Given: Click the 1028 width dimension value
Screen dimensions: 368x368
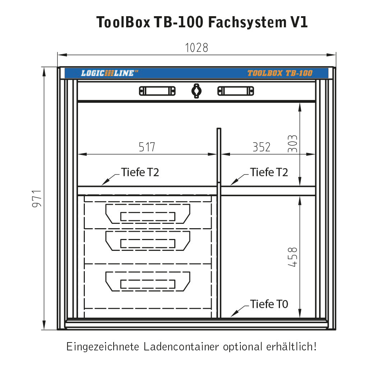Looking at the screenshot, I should [x=197, y=48].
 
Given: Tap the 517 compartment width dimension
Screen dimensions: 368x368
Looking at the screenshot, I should [x=147, y=147].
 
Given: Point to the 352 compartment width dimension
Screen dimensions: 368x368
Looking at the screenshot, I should [x=261, y=147].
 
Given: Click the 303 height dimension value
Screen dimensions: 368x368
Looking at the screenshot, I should [x=293, y=144].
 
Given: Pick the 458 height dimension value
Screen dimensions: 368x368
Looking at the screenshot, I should [x=293, y=257].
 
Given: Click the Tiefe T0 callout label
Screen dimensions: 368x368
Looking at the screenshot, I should [x=269, y=304].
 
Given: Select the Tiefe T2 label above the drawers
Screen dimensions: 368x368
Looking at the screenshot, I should [x=140, y=172].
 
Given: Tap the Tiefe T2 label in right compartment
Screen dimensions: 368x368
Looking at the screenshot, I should [x=269, y=172].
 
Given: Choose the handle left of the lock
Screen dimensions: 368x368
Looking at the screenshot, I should [x=157, y=91].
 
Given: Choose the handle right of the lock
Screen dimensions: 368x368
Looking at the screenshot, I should [x=235, y=91].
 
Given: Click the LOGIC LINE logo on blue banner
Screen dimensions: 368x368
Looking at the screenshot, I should [x=109, y=73].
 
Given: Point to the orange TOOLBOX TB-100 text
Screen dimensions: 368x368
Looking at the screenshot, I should [x=280, y=73].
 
